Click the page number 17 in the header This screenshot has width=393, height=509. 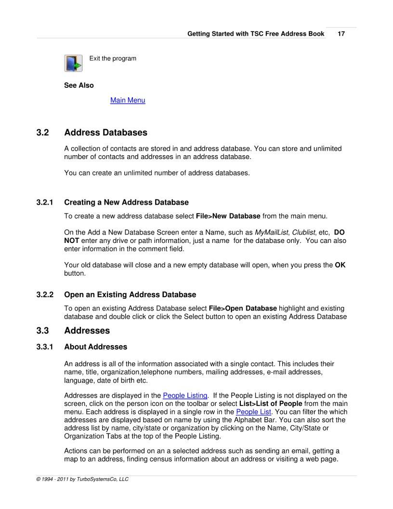pyautogui.click(x=341, y=34)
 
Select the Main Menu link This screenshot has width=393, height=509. pyautogui.click(x=128, y=100)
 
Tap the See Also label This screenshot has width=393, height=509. pyautogui.click(x=79, y=85)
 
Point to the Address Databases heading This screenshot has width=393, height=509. pyautogui.click(x=105, y=132)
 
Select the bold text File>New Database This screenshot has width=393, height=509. pyautogui.click(x=228, y=215)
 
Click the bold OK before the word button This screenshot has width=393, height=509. pyautogui.click(x=340, y=265)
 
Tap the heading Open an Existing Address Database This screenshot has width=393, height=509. pyautogui.click(x=130, y=294)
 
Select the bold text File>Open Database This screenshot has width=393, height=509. pyautogui.click(x=243, y=308)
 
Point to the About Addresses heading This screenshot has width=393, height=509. pyautogui.click(x=95, y=347)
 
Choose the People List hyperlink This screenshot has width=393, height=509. pyautogui.click(x=254, y=412)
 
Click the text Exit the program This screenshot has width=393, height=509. pyautogui.click(x=113, y=58)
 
